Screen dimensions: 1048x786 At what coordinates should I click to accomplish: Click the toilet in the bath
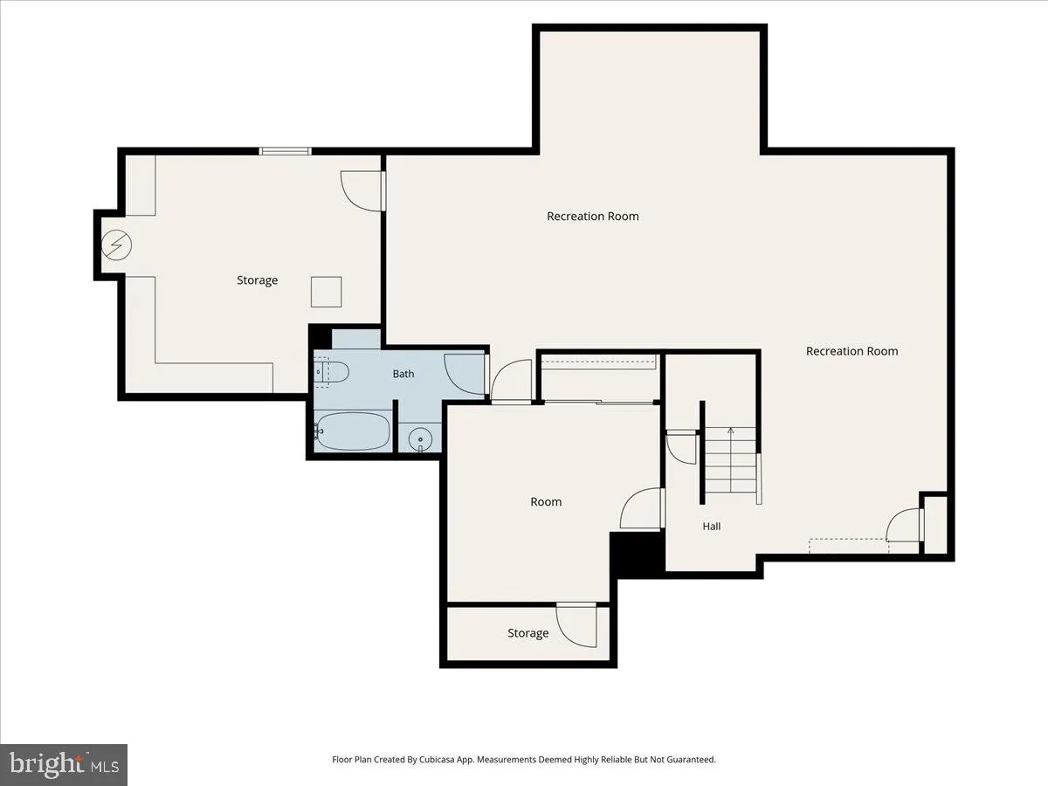coord(331,372)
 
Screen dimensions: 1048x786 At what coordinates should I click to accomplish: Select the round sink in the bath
coord(420,439)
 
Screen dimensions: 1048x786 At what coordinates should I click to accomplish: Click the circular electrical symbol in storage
coord(116,245)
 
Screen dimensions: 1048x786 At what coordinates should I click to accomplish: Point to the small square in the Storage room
coord(326,292)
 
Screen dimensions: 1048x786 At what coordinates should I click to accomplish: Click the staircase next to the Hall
coord(730,460)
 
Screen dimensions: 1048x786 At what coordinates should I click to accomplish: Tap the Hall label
coord(712,527)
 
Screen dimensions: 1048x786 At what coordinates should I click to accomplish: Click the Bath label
coord(403,374)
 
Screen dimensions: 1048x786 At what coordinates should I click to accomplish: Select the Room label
coord(546,501)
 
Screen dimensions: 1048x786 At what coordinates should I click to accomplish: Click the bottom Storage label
coord(527,633)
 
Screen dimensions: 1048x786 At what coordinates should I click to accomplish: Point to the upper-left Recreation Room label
coord(592,217)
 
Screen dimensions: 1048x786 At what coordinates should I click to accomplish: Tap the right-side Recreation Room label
coord(851,351)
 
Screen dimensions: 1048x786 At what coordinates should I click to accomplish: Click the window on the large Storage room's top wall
coord(285,151)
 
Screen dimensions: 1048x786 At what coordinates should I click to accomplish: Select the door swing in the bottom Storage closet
coord(576,625)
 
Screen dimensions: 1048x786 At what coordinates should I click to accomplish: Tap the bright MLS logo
coord(64,765)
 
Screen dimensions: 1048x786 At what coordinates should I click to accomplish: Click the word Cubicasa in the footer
coord(437,759)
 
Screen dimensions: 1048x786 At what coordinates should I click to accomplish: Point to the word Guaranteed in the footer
coord(691,759)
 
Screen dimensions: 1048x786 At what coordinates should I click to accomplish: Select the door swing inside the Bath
coord(464,374)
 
